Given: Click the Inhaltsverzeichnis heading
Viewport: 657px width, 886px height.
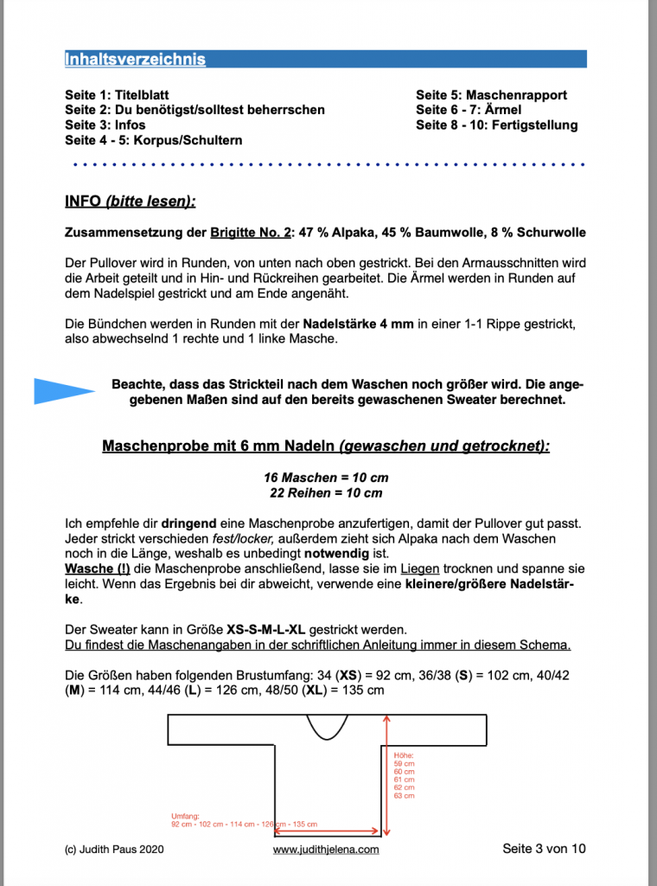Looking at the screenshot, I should tap(135, 60).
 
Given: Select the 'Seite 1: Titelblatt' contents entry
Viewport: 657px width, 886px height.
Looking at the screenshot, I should tap(117, 95).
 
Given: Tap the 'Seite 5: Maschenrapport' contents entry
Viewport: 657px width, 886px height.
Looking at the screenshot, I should tap(491, 95).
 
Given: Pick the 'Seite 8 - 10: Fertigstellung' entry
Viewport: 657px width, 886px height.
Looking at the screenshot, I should tap(496, 125).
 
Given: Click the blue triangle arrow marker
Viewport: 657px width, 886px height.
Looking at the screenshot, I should tap(63, 391).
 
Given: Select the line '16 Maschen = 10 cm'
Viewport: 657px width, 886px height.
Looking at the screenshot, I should tap(326, 478).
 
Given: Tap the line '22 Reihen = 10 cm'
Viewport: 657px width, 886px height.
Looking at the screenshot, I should tap(326, 493).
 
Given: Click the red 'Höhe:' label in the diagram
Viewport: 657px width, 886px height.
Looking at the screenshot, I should tap(404, 754).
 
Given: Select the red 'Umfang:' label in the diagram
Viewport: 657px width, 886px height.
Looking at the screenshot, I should tap(185, 815).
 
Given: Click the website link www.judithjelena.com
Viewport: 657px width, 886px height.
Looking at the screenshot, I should tap(326, 850).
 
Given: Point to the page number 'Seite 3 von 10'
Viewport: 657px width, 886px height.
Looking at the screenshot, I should tap(544, 849).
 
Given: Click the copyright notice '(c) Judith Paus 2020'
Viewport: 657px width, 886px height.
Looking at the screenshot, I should tap(114, 850).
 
